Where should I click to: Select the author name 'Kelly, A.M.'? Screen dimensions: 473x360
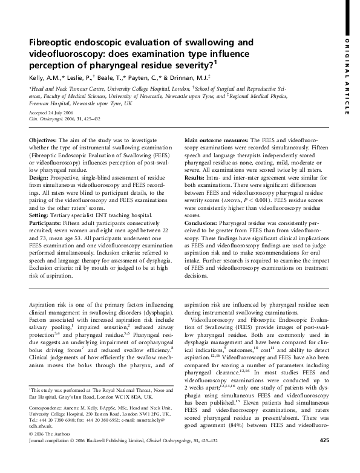47,78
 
